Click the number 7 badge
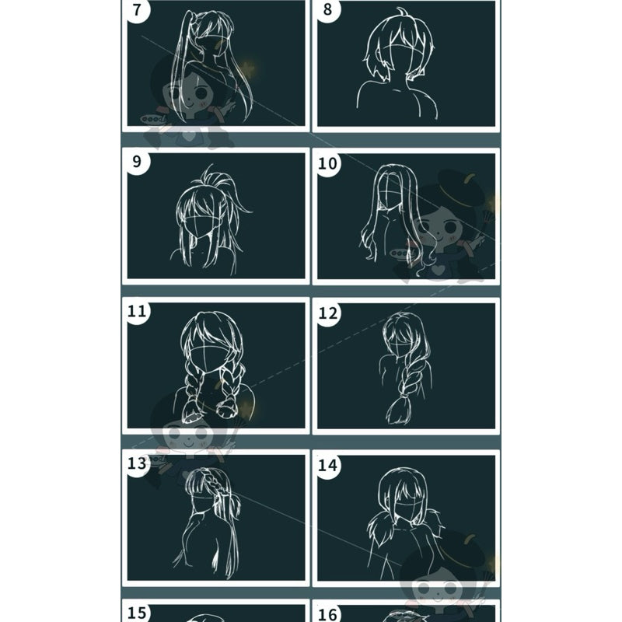tap(137, 10)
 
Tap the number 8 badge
tap(327, 10)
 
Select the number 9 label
tap(137, 162)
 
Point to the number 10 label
tap(327, 163)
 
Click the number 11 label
tap(137, 312)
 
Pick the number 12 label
tap(327, 314)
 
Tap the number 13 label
tap(137, 463)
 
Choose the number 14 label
tap(327, 465)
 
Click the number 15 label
tap(137, 613)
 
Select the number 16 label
tap(327, 614)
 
